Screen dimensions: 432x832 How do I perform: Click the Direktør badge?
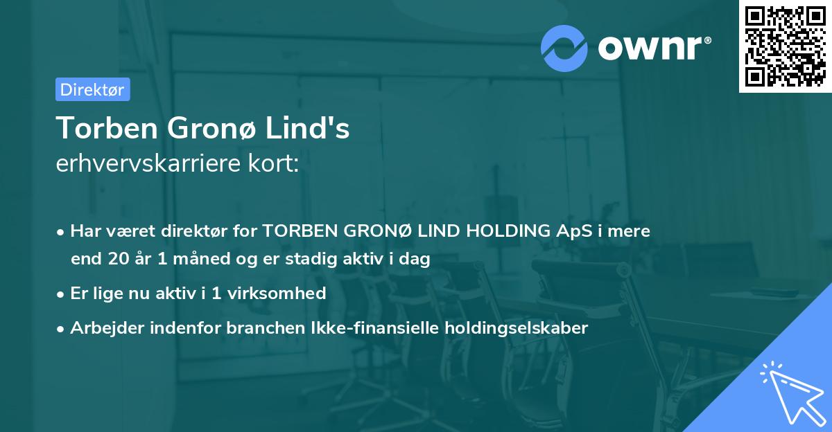click(92, 89)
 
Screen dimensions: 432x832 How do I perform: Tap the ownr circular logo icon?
click(564, 48)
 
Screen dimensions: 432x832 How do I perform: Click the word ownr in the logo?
click(653, 47)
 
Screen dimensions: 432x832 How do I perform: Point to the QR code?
click(783, 46)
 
